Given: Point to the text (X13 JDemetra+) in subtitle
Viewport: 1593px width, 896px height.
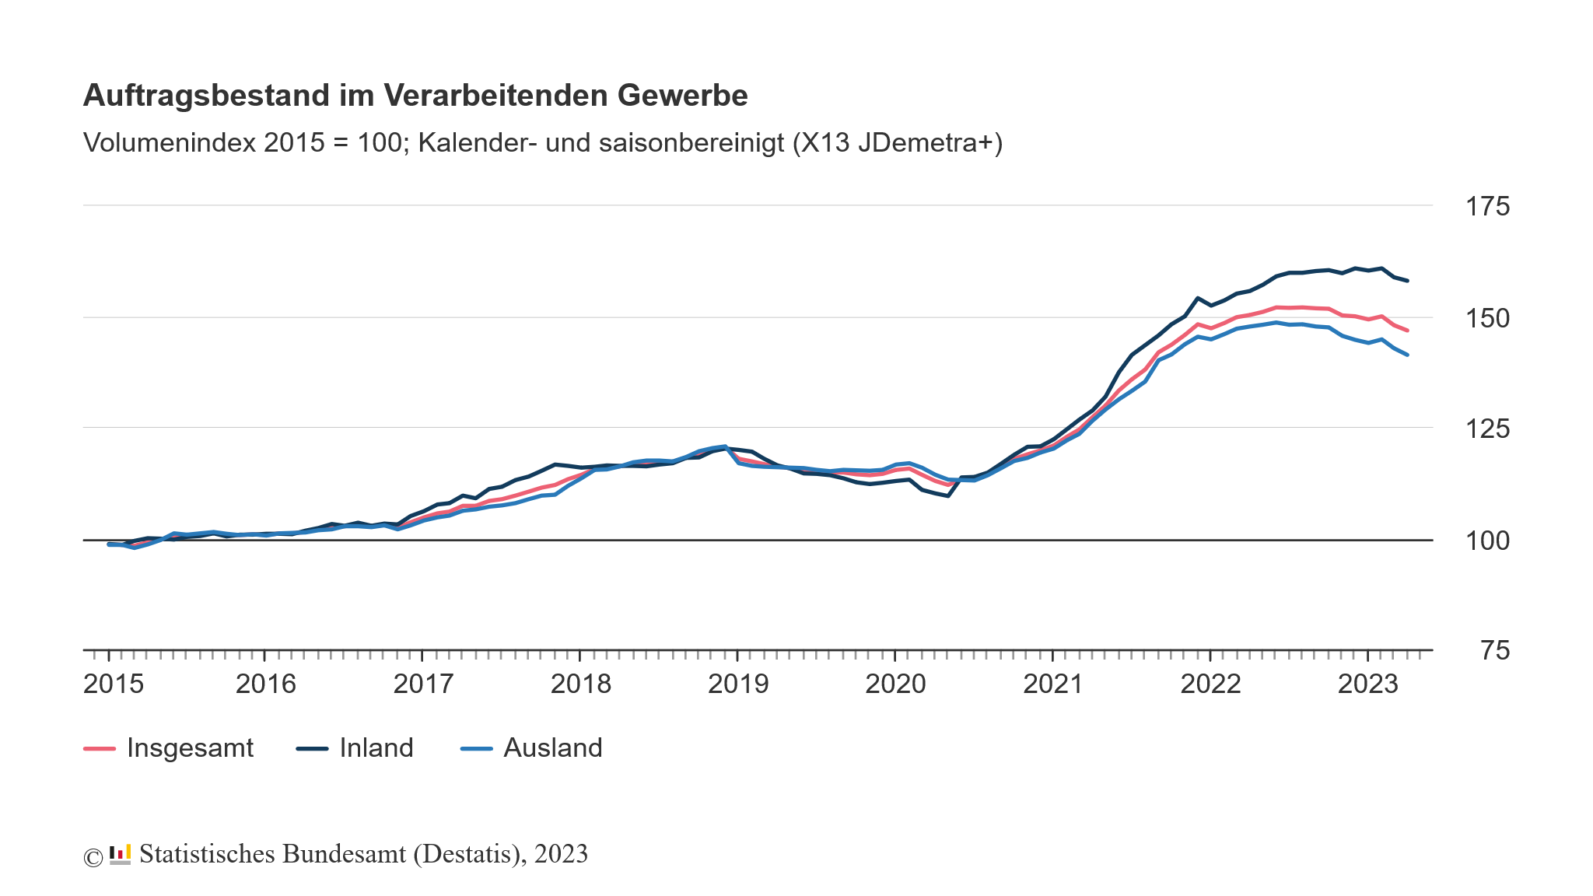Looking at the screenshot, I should click(898, 143).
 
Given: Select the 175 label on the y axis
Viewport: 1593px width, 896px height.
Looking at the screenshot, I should click(1486, 207).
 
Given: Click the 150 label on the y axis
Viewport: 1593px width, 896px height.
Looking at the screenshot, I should click(1486, 318).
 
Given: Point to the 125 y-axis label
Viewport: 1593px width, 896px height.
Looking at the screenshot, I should click(1486, 429).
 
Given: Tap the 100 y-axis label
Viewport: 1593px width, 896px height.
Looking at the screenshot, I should click(1486, 541).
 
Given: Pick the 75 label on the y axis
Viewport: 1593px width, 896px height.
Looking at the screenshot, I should click(1494, 651).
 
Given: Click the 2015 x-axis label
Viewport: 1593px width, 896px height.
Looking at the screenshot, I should click(114, 684).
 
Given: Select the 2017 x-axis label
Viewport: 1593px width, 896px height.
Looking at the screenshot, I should click(423, 684).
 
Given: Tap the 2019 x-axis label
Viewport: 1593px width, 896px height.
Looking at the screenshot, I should click(738, 684).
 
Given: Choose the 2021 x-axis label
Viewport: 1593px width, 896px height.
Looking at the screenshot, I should click(1053, 684).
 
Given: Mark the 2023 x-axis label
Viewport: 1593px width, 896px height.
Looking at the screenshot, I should click(1367, 684).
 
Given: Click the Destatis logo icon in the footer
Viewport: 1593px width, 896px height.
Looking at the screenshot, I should click(120, 854).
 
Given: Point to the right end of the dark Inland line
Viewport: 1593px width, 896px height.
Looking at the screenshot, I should click(1407, 281).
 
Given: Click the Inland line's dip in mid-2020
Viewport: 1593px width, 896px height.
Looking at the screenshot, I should click(947, 495).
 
